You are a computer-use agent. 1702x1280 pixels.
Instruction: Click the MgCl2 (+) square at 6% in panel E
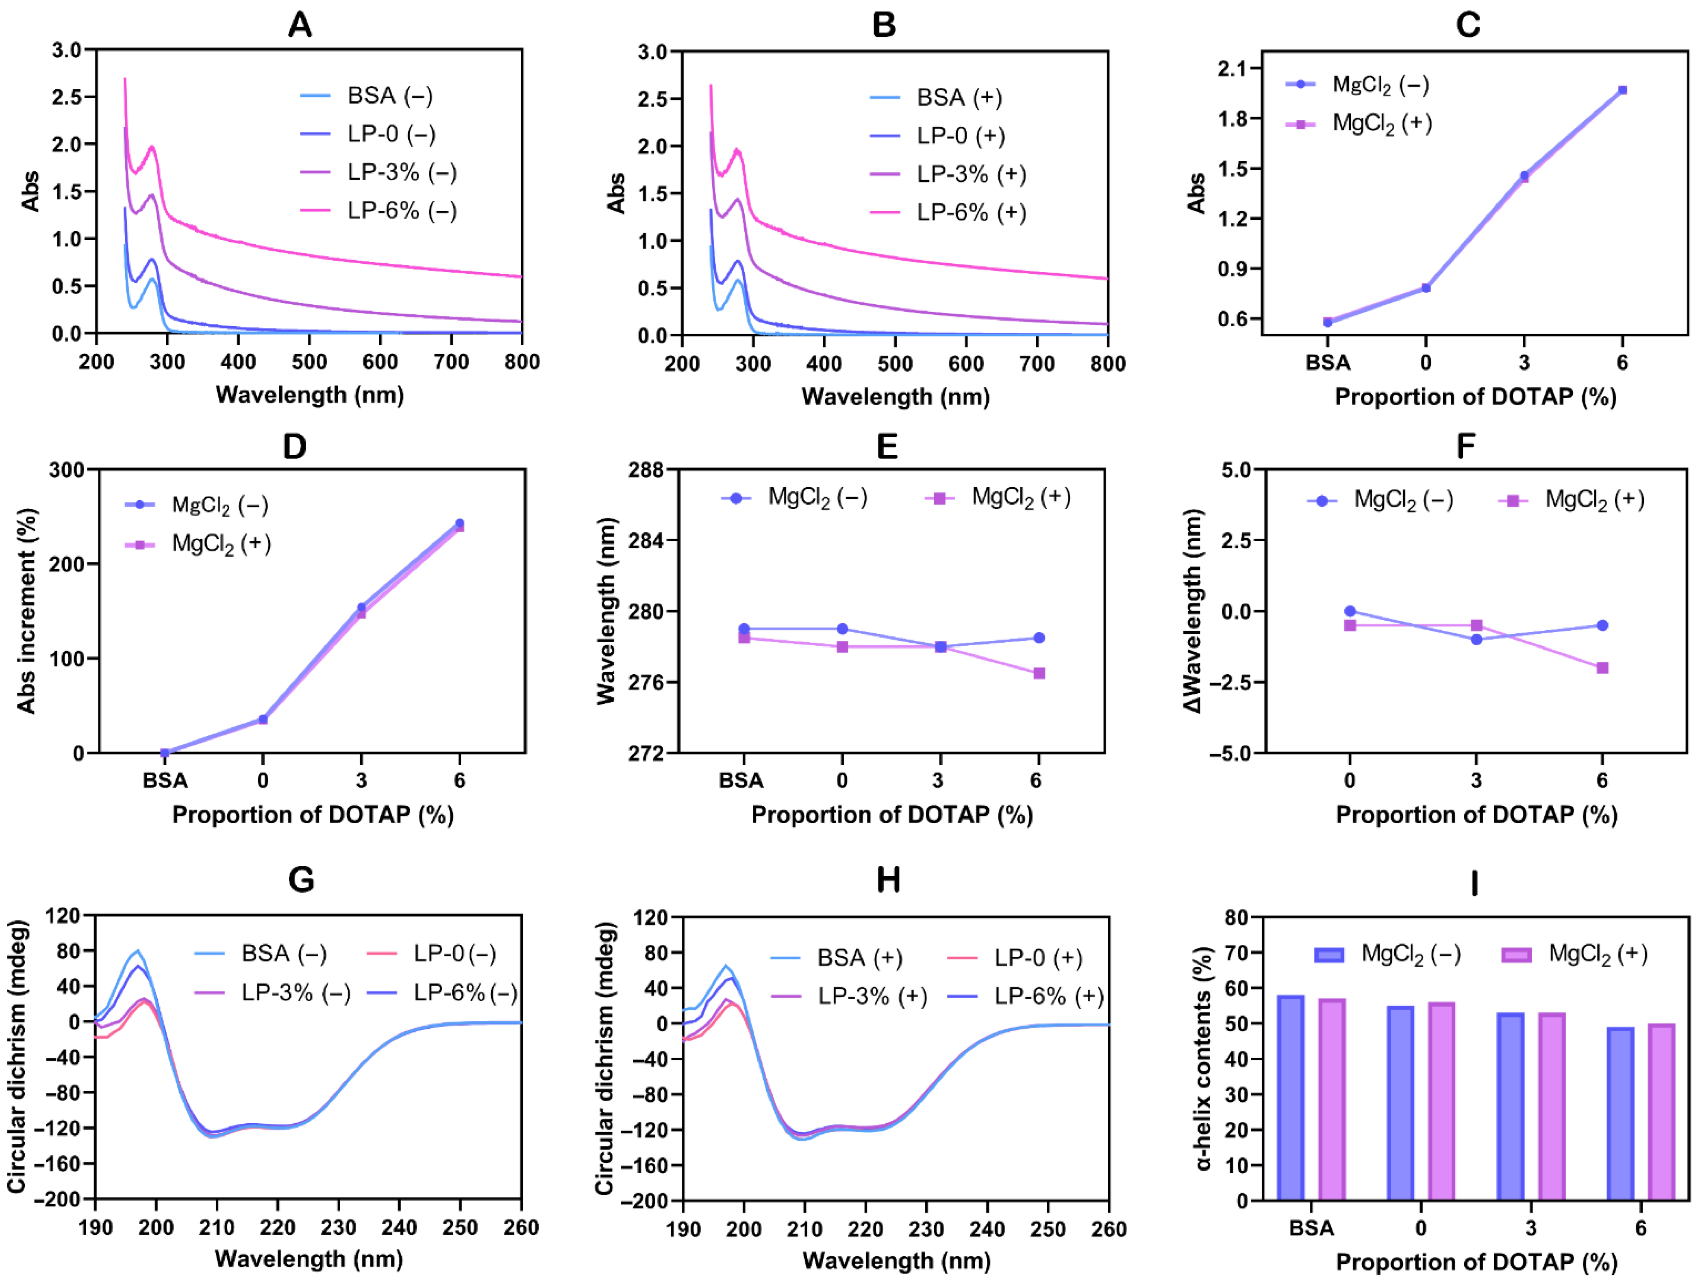[1039, 673]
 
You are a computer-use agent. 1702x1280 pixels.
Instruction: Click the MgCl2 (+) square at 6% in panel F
[1602, 668]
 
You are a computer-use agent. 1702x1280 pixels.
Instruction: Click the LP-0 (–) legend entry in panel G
[454, 954]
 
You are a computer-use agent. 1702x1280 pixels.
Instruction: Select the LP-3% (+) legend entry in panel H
[872, 997]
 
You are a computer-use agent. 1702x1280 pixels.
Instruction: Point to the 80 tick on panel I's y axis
[1237, 917]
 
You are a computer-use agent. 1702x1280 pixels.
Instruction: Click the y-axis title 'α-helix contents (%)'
[1204, 1058]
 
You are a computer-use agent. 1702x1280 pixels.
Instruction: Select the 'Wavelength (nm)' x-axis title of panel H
[896, 1261]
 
